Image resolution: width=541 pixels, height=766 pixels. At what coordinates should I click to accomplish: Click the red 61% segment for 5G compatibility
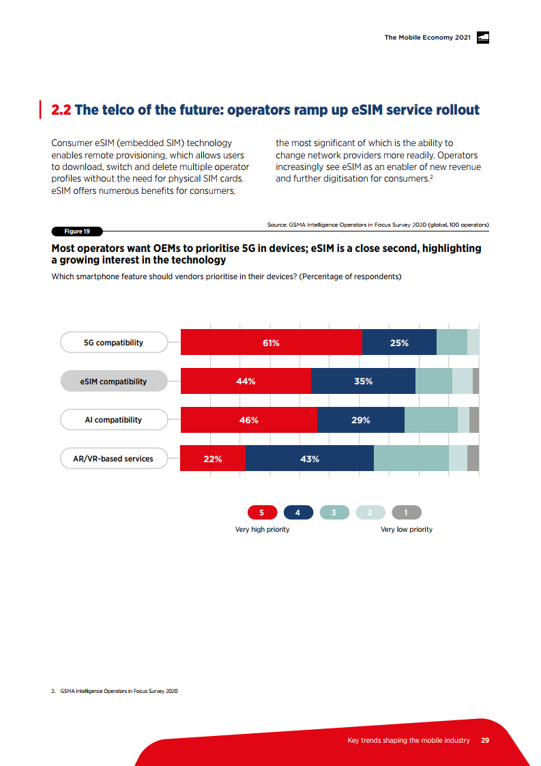pyautogui.click(x=271, y=342)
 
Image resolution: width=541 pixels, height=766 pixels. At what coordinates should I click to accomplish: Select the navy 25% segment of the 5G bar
pyautogui.click(x=399, y=342)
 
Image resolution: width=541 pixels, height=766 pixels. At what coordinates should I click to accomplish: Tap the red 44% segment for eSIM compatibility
pyautogui.click(x=246, y=381)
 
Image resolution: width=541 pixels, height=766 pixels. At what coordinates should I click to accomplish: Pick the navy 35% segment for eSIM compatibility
pyautogui.click(x=363, y=381)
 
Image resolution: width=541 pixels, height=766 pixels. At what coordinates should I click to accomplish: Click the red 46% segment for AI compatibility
pyautogui.click(x=249, y=420)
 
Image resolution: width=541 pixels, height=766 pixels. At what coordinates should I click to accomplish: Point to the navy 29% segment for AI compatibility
pyautogui.click(x=361, y=420)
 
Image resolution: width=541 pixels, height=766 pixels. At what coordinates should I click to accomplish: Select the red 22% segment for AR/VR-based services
pyautogui.click(x=213, y=459)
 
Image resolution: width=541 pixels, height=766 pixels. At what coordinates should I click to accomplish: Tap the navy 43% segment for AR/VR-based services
pyautogui.click(x=309, y=459)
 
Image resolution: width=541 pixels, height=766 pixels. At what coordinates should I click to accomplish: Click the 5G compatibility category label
pyautogui.click(x=113, y=343)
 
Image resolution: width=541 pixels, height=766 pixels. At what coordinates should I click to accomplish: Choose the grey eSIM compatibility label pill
pyautogui.click(x=113, y=382)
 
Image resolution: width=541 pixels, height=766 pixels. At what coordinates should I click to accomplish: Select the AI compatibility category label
pyautogui.click(x=113, y=420)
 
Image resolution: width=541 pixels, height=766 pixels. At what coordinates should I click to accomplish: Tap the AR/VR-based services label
pyautogui.click(x=113, y=459)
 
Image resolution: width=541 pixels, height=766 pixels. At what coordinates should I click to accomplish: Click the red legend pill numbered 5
pyautogui.click(x=262, y=513)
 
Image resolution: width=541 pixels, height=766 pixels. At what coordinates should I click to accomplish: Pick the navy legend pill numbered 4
pyautogui.click(x=298, y=513)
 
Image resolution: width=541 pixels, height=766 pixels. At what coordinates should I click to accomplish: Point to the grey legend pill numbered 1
pyautogui.click(x=407, y=513)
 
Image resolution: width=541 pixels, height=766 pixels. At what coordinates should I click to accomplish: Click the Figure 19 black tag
pyautogui.click(x=77, y=231)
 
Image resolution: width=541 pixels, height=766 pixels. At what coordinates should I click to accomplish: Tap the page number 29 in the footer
pyautogui.click(x=485, y=741)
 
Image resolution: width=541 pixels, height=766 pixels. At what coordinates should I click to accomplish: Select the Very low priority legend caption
pyautogui.click(x=406, y=530)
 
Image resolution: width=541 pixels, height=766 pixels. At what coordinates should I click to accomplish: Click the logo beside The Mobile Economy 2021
pyautogui.click(x=482, y=38)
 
